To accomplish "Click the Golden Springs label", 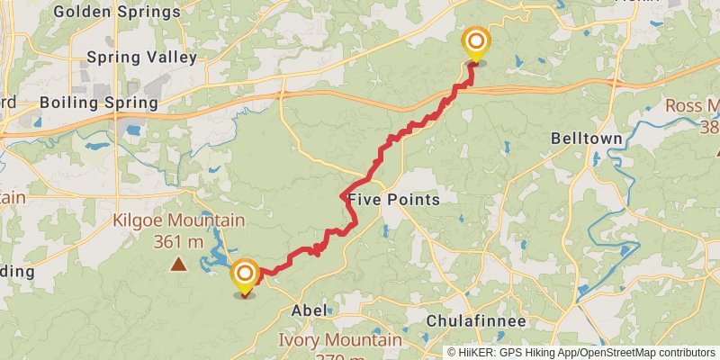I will (x=116, y=13).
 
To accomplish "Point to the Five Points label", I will (x=393, y=199).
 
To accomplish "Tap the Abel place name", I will (x=309, y=310).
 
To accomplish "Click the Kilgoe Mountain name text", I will (x=178, y=220).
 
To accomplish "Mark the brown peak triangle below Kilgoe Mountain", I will (x=179, y=265).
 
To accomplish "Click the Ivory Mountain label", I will (x=339, y=340).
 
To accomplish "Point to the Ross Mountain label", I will (x=692, y=106).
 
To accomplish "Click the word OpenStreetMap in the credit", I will (x=620, y=353).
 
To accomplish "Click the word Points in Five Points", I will (x=414, y=199).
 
